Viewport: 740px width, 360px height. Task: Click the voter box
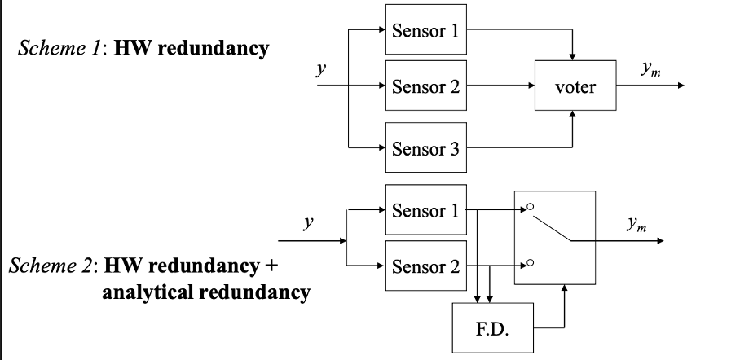coord(574,86)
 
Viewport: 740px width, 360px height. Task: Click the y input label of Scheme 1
coord(322,70)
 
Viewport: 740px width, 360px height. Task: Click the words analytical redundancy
coord(205,291)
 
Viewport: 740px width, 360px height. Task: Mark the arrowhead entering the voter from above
coord(574,56)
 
